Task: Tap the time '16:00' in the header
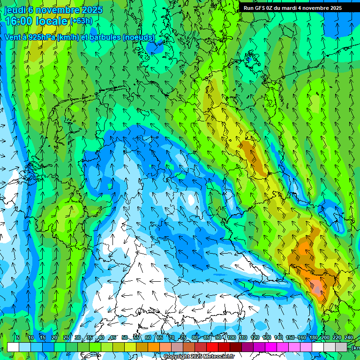coord(20,21)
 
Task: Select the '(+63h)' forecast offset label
coord(81,21)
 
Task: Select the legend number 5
coord(17,338)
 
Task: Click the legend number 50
coord(124,338)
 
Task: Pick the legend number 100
coord(231,338)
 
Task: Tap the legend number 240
coord(349,338)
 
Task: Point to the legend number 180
coord(313,338)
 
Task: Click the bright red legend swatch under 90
coord(212,347)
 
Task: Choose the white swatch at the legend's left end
coord(13,347)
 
